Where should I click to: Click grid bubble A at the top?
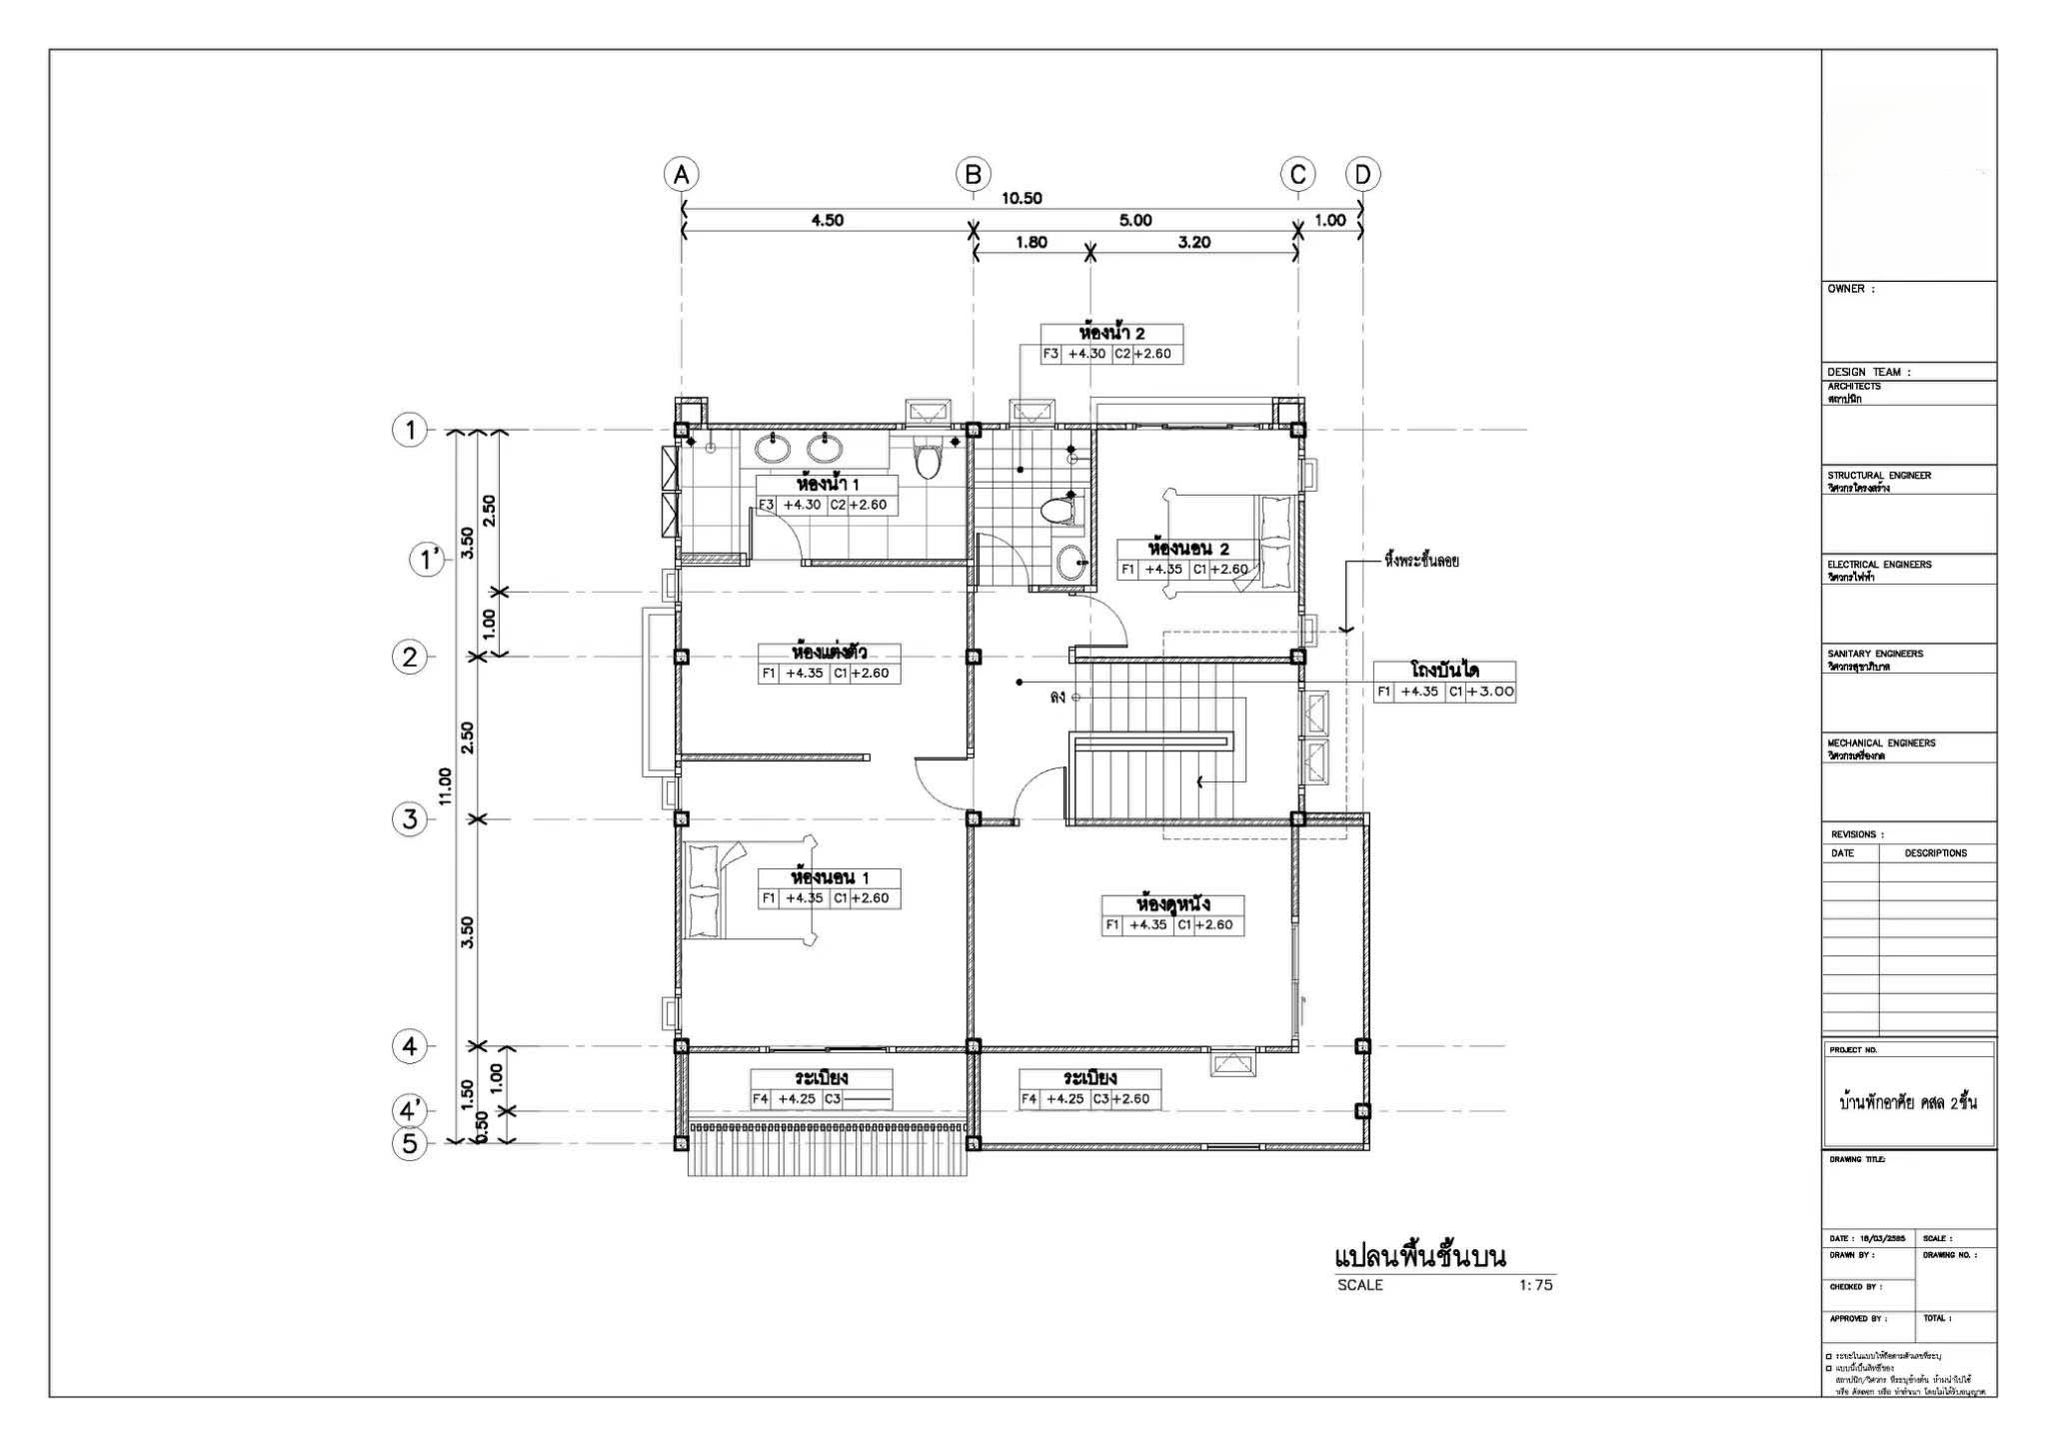point(682,175)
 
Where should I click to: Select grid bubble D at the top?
point(1362,175)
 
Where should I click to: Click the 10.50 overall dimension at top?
point(1022,198)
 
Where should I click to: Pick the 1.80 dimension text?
point(1030,242)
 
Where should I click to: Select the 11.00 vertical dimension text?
point(445,785)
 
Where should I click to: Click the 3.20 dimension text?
point(1193,242)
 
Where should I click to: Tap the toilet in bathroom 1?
point(929,462)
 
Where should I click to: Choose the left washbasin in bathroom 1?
point(773,448)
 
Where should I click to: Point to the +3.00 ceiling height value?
point(1490,692)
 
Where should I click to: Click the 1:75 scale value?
point(1535,1285)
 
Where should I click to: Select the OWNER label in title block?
point(1851,289)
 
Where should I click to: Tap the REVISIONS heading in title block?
point(1857,834)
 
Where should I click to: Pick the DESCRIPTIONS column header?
point(1935,853)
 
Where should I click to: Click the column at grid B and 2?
point(974,657)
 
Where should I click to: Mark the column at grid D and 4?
point(1361,1046)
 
